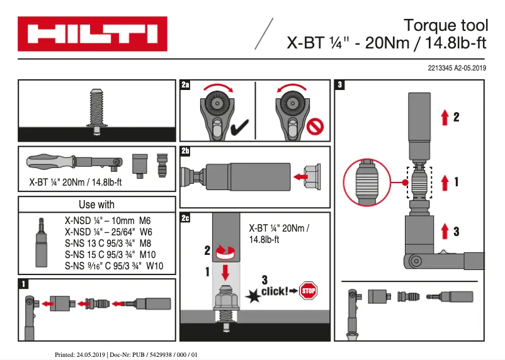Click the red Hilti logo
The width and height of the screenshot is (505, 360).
[x=93, y=34]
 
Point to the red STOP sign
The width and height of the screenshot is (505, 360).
[x=308, y=291]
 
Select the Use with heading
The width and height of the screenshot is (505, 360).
[x=96, y=205]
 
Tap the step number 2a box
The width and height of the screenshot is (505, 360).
[x=185, y=85]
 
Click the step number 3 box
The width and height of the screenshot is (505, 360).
[x=341, y=85]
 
